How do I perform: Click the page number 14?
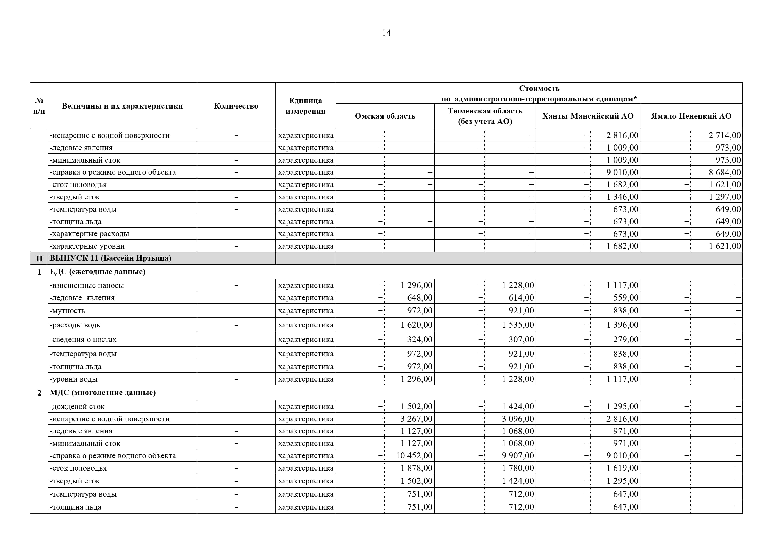click(x=386, y=33)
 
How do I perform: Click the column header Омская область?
click(x=385, y=116)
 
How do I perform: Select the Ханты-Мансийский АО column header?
click(x=588, y=116)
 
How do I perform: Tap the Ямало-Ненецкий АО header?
click(x=691, y=116)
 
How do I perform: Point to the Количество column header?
click(x=236, y=106)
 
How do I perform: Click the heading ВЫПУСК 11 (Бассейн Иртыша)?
click(x=110, y=258)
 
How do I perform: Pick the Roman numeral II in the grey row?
click(x=39, y=258)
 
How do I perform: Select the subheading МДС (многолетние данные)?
click(x=103, y=393)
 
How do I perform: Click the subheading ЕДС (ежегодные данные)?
click(x=97, y=272)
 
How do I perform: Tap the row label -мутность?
click(x=68, y=311)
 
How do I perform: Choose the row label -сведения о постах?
click(x=83, y=340)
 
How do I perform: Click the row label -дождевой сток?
click(x=77, y=407)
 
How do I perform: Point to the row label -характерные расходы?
click(x=89, y=234)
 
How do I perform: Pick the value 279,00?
click(x=626, y=340)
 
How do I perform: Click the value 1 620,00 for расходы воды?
click(x=416, y=325)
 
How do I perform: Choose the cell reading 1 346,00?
click(x=622, y=197)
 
